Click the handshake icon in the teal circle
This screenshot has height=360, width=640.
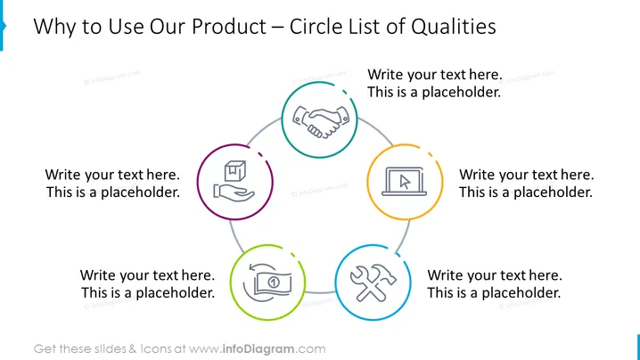click(x=321, y=121)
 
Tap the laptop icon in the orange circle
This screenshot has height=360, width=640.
click(x=404, y=182)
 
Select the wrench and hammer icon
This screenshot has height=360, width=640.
click(x=373, y=282)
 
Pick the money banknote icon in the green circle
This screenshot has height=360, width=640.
click(x=267, y=282)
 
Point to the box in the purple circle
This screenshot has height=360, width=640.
click(x=235, y=171)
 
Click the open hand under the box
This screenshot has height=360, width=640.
click(x=234, y=192)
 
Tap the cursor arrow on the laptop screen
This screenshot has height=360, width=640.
click(x=405, y=182)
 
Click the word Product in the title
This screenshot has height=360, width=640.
click(x=229, y=27)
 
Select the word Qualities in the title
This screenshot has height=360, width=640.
click(x=454, y=27)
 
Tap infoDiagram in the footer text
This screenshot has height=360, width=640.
click(x=258, y=349)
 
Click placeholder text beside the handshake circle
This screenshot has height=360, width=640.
click(x=435, y=83)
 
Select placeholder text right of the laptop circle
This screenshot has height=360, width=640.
click(x=526, y=184)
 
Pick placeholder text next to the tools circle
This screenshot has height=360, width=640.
click(x=495, y=283)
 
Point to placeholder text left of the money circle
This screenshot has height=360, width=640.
click(x=147, y=283)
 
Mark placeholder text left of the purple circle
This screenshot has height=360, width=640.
click(x=112, y=184)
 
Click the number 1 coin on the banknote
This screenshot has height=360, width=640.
click(x=274, y=282)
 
